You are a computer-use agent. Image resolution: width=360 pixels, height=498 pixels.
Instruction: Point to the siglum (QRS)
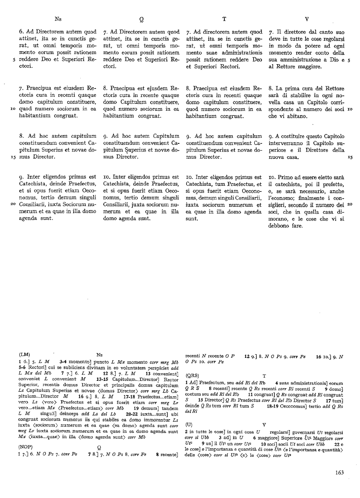(x=192, y=375)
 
